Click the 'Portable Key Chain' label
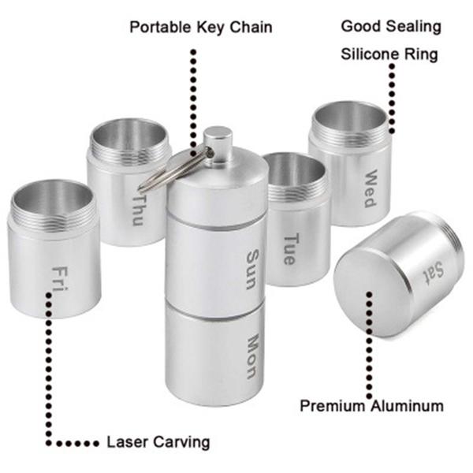(201, 28)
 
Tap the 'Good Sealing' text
(390, 26)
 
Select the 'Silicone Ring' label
(389, 55)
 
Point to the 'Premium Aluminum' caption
(371, 407)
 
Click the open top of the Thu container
(128, 134)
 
